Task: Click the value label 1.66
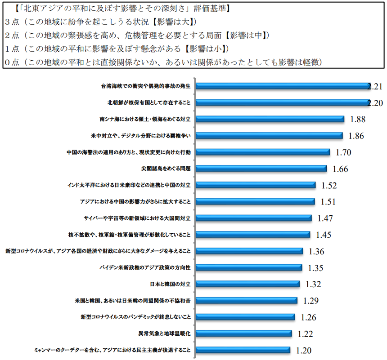click(341, 169)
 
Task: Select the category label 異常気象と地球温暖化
click(164, 333)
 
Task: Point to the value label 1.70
click(343, 153)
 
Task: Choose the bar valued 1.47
click(254, 218)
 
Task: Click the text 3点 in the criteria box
click(11, 21)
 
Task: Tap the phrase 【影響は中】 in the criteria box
click(247, 35)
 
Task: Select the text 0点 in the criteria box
click(11, 62)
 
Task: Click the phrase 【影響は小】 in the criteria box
click(207, 48)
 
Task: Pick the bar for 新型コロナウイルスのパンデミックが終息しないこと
click(246, 317)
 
